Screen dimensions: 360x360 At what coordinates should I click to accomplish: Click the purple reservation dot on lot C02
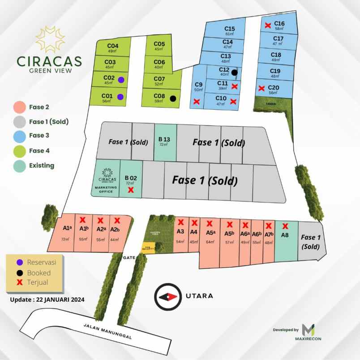[121, 79]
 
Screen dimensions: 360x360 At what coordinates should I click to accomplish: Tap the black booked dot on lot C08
[173, 98]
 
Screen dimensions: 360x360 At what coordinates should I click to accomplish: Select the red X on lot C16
[267, 26]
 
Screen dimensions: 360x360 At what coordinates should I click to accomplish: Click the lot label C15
[230, 29]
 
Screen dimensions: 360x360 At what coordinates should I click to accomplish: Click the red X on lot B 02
[131, 190]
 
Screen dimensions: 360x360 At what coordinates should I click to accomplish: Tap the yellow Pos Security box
[148, 248]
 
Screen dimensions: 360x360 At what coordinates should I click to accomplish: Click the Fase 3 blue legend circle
[20, 136]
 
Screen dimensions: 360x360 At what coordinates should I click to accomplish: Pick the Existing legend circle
[20, 165]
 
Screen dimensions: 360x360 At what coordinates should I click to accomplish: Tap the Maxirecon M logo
[308, 330]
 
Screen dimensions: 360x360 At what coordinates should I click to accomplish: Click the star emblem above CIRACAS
[50, 40]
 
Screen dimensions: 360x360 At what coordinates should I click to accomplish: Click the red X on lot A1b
[83, 220]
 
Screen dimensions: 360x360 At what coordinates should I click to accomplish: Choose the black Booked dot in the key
[19, 273]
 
